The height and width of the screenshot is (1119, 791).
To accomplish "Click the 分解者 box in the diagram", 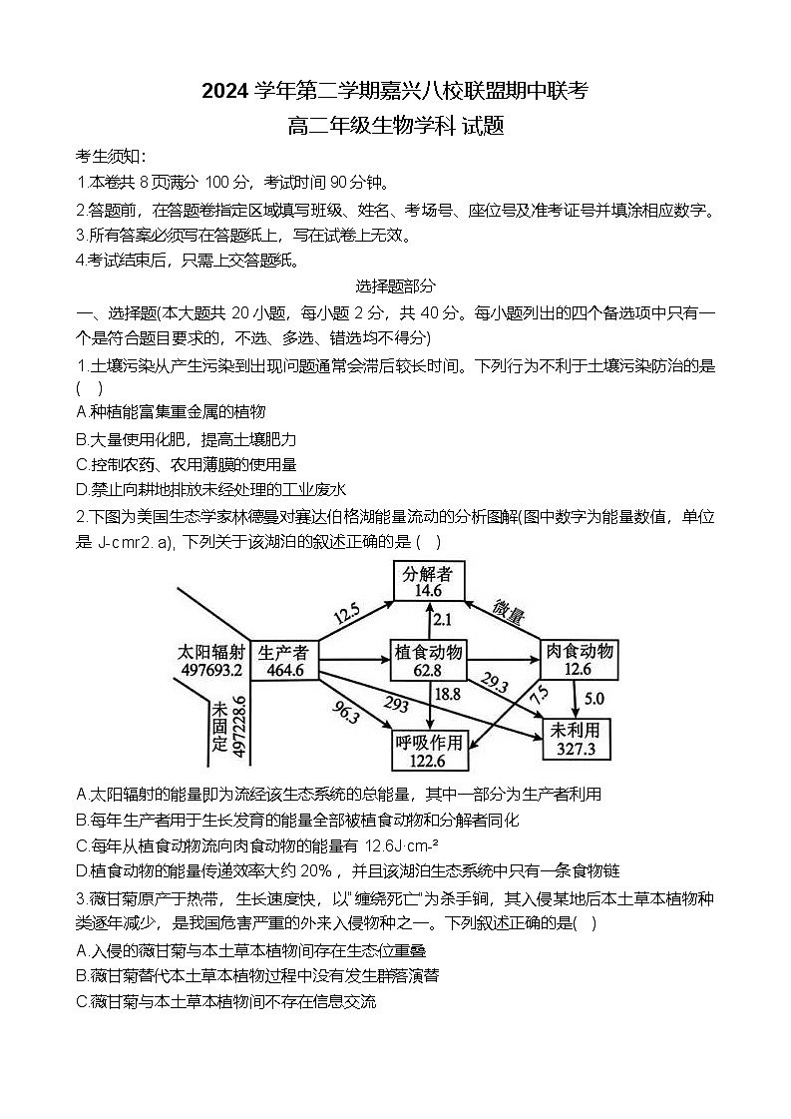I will click(x=428, y=580).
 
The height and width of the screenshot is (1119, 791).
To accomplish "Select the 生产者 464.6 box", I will click(x=283, y=660).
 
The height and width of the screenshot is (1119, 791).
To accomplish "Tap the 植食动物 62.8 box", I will click(x=428, y=660).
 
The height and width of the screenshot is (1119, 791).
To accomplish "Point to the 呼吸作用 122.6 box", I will click(x=430, y=750).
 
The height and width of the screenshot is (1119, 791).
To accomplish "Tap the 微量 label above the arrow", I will click(x=509, y=613).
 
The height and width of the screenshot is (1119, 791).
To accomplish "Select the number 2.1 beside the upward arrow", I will click(x=442, y=619).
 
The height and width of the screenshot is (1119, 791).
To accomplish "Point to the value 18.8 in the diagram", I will click(x=448, y=694).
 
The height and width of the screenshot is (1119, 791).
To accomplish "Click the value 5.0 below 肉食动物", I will click(x=593, y=698).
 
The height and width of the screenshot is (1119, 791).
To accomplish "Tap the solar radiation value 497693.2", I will click(x=212, y=669).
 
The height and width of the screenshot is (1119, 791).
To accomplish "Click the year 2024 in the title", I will click(x=230, y=92).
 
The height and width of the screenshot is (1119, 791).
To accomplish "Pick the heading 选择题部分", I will click(x=395, y=286).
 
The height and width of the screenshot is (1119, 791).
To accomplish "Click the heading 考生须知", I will click(x=111, y=157).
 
